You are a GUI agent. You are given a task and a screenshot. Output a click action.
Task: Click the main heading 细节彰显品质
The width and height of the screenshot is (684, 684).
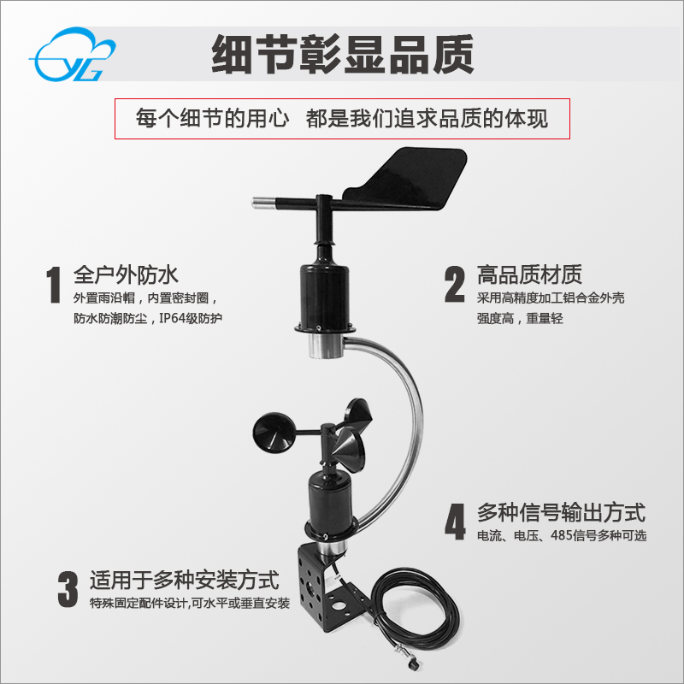341,55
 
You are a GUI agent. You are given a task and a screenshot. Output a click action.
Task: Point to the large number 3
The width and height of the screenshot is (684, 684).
68,589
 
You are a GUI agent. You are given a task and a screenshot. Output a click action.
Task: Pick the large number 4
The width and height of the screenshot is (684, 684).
454,522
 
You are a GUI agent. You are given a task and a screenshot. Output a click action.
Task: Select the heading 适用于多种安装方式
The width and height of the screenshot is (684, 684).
185,581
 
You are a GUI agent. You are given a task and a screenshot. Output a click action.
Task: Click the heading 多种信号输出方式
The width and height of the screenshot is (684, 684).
560,513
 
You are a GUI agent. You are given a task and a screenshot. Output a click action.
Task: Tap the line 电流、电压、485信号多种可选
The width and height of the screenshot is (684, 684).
561,536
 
